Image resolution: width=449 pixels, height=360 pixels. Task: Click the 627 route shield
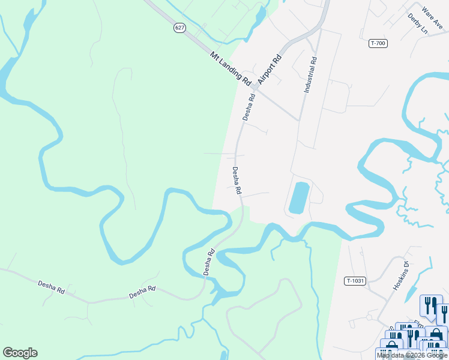coord(179,28)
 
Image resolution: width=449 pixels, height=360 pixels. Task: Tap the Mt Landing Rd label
coord(231,67)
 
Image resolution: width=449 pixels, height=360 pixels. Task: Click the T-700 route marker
coord(378,43)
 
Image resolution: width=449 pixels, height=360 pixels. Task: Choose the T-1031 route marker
coord(355,281)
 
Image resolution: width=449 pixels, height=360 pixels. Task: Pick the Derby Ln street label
coord(417,23)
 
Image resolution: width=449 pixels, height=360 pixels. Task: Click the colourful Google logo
coord(20,353)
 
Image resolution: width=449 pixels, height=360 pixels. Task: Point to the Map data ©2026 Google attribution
coord(411,355)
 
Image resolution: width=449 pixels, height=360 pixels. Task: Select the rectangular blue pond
coord(299,198)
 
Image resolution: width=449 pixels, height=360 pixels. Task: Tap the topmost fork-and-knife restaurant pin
coord(430,305)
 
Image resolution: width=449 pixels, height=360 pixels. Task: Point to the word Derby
coord(414,20)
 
